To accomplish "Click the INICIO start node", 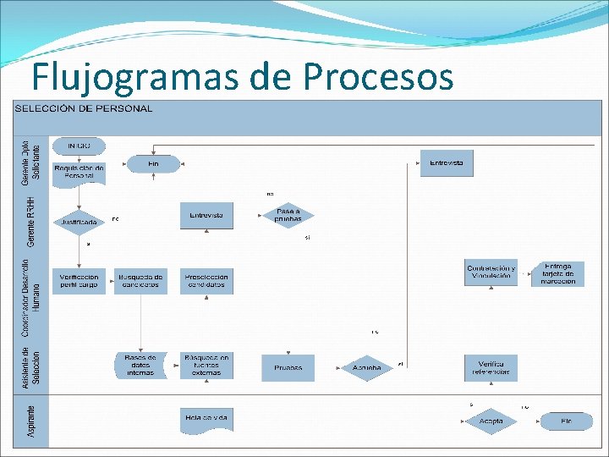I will point(79,146).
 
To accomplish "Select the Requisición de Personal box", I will point(79,172).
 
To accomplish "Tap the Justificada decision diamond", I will point(79,222).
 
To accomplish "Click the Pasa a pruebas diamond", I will point(288,215).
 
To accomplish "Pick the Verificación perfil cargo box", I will point(79,282).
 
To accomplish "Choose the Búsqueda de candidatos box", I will point(139,282).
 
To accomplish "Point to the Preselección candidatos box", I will point(206,282).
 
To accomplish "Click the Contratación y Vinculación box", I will point(491,272).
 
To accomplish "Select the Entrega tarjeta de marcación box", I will point(557,273).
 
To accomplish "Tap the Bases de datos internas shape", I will point(140,366).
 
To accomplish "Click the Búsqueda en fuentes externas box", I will point(206,366).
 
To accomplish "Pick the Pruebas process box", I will point(288,367).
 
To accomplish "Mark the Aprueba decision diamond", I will point(367,367).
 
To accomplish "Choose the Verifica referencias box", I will point(491,367).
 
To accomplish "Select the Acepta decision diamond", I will point(491,421).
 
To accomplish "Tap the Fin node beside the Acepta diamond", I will point(566,421).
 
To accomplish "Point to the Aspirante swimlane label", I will point(32,421).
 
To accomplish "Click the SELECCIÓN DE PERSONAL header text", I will point(84,108).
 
